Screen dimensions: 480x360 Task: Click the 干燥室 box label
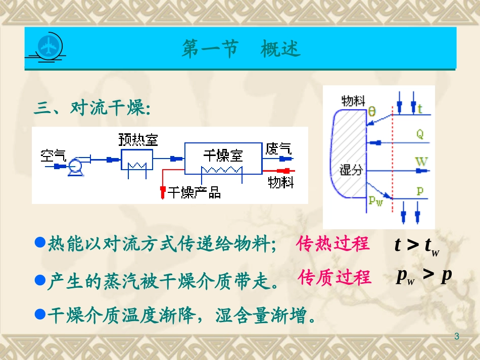pos(223,154)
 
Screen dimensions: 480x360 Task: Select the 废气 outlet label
pos(278,148)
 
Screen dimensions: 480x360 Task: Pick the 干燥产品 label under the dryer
pos(194,192)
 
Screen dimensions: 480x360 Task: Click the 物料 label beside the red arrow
pos(280,181)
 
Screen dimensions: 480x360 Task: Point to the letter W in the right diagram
pos(421,162)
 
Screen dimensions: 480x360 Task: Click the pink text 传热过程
pos(333,244)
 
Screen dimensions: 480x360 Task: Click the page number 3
pos(457,336)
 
